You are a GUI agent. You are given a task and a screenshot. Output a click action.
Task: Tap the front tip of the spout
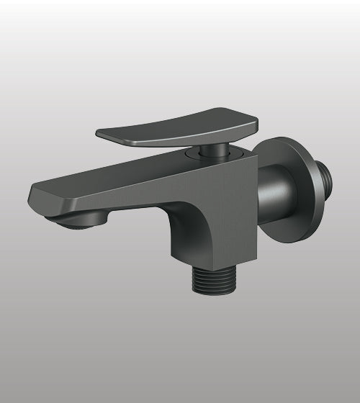(35, 196)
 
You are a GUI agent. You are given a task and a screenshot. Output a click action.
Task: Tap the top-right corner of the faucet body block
(253, 153)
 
